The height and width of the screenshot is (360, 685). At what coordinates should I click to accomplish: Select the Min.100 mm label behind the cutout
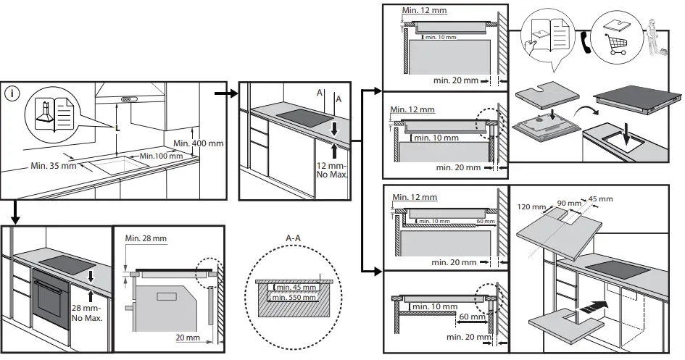pyautogui.click(x=160, y=156)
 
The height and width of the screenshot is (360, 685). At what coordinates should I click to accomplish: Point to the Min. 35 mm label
pyautogui.click(x=53, y=166)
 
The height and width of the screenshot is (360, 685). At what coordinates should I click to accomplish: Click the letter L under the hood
pyautogui.click(x=117, y=128)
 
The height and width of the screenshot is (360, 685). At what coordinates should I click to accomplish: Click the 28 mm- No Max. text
pyautogui.click(x=88, y=312)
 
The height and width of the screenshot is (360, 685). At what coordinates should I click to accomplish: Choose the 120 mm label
pyautogui.click(x=533, y=206)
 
